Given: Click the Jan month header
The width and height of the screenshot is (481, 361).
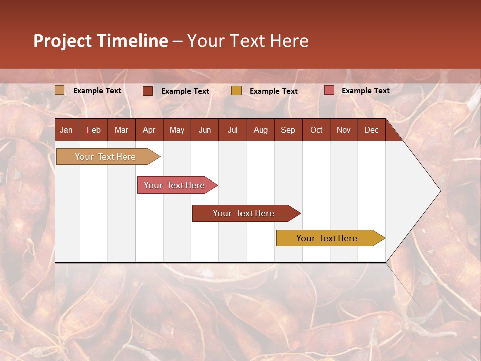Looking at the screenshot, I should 66,130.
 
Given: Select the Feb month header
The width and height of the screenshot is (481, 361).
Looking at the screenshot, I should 94,130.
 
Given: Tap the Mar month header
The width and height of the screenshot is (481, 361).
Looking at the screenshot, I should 121,130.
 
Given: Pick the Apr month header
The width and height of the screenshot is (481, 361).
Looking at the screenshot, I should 149,130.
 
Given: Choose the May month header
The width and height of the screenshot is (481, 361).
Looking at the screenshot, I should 177,130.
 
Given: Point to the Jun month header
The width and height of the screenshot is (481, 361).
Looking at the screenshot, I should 205,130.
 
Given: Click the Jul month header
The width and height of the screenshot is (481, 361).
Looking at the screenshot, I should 232,130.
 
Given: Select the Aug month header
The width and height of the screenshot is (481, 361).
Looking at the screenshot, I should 260,130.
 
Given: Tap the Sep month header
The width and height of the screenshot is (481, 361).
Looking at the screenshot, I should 288,130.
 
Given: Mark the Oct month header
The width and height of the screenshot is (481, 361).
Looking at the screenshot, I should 316,130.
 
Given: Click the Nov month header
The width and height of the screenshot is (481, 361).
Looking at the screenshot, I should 344,130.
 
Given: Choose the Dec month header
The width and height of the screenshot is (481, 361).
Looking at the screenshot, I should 371,130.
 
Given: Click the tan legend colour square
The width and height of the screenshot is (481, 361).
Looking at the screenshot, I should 60,90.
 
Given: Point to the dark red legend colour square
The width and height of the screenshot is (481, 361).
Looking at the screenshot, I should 148,91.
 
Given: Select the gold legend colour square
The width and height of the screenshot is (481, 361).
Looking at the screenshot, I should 236,91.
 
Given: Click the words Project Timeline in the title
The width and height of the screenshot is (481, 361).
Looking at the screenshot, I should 101,41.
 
